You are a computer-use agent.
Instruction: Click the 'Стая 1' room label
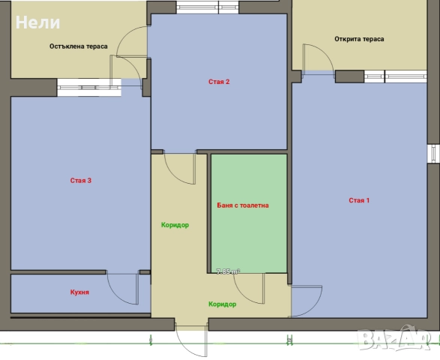click(x=359, y=200)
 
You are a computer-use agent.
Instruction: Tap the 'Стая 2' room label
click(x=219, y=82)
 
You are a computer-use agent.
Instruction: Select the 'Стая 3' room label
click(x=81, y=181)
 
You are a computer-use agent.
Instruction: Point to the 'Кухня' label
click(x=79, y=292)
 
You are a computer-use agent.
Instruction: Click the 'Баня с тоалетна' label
click(x=243, y=205)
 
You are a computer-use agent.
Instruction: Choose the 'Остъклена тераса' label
click(x=79, y=46)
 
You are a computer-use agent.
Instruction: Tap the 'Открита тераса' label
click(x=359, y=39)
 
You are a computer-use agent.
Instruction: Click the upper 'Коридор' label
click(x=175, y=225)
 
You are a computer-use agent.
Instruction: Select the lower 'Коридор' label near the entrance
click(x=222, y=304)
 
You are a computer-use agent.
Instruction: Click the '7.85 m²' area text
click(x=228, y=271)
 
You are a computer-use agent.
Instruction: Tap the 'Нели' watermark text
click(x=38, y=22)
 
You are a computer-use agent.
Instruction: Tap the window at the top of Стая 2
click(x=208, y=7)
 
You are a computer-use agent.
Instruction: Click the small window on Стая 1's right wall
click(x=433, y=154)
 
